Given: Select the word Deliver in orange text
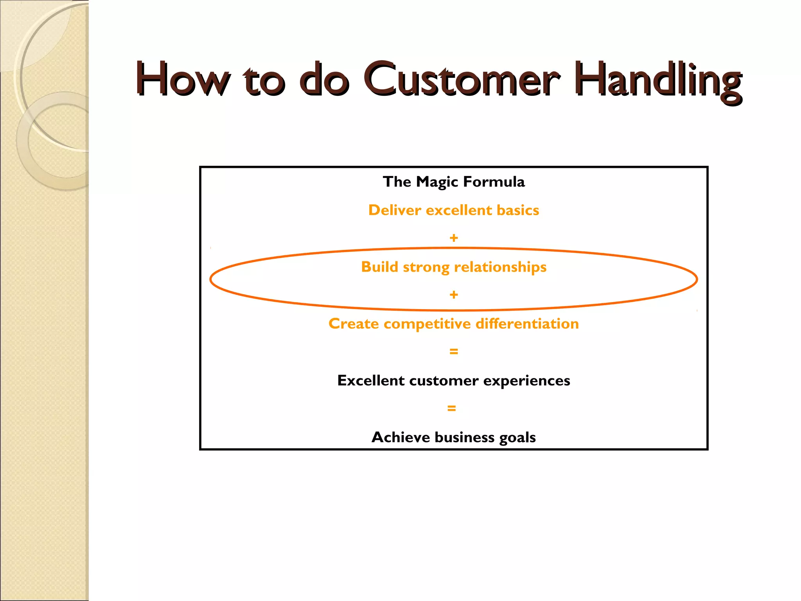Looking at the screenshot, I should point(395,211).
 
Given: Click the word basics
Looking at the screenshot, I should point(518,211).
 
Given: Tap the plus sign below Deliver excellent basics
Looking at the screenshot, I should point(454,238).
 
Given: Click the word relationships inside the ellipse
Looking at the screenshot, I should point(500,267).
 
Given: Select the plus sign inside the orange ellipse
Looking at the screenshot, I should point(454,295).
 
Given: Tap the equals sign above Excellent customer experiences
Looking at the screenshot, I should point(454,351).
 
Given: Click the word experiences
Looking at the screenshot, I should point(526,381).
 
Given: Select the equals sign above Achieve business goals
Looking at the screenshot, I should point(452,408).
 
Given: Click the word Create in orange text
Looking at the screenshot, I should point(354,324).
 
